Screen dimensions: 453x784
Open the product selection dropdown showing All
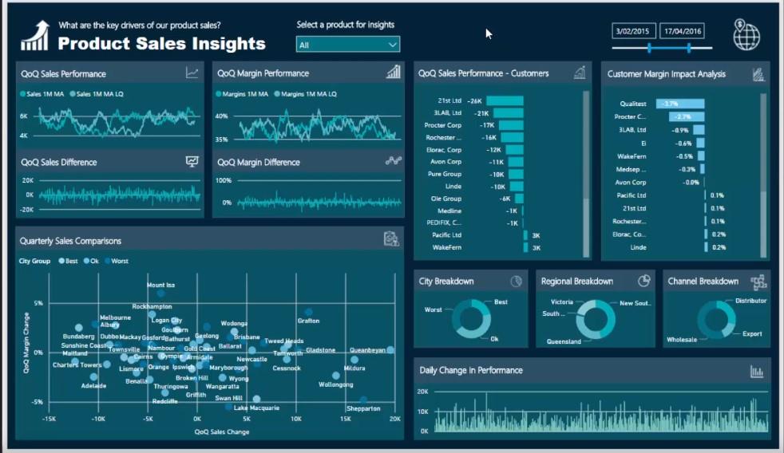pyautogui.click(x=347, y=45)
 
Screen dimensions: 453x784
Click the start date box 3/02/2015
pyautogui.click(x=634, y=31)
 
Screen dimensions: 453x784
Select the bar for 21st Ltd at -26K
pyautogui.click(x=504, y=100)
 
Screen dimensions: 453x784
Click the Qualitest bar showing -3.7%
pyautogui.click(x=680, y=104)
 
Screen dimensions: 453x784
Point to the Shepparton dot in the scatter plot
pyautogui.click(x=363, y=400)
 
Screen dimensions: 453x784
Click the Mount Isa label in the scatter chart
pyautogui.click(x=160, y=285)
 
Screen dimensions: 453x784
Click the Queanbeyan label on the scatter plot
pyautogui.click(x=367, y=350)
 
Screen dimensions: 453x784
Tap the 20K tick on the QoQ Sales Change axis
pyautogui.click(x=394, y=419)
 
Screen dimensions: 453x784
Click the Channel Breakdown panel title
pyautogui.click(x=703, y=282)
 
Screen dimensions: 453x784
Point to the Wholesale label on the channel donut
pyautogui.click(x=682, y=340)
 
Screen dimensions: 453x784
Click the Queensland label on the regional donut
pyautogui.click(x=564, y=341)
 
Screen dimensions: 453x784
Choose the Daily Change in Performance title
pyautogui.click(x=471, y=370)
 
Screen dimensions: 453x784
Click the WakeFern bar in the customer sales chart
pyautogui.click(x=525, y=248)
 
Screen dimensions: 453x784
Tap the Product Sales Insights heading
pyautogui.click(x=161, y=43)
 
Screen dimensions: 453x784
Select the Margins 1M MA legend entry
pyautogui.click(x=242, y=93)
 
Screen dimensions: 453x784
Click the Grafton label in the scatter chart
pyautogui.click(x=308, y=321)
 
